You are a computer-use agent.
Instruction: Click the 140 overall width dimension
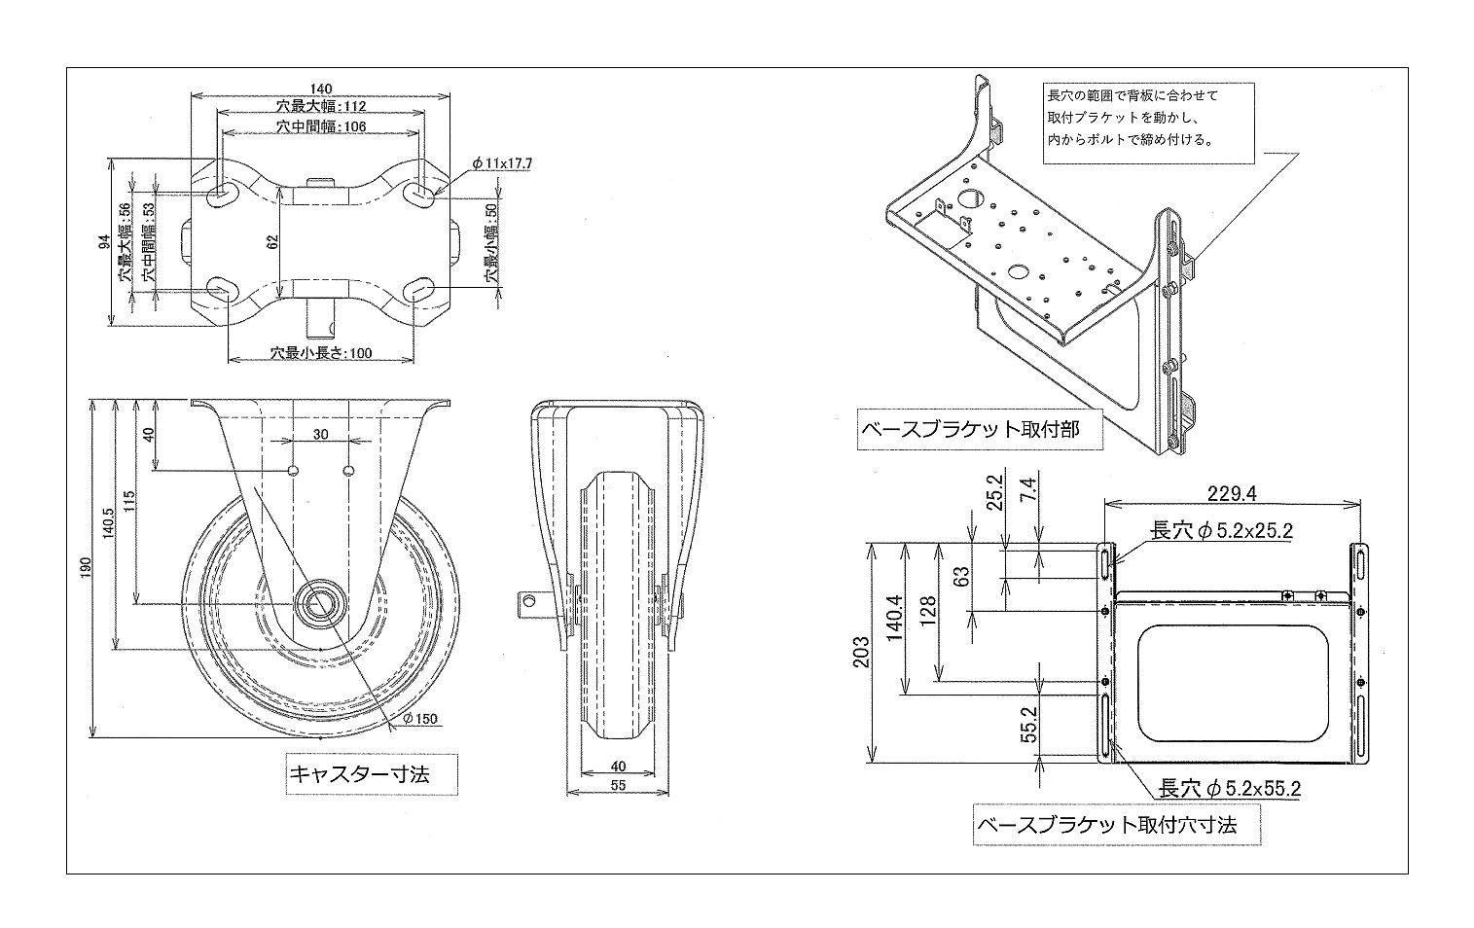319,88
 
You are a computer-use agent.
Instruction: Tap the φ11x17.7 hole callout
501,163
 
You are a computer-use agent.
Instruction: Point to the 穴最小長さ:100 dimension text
321,353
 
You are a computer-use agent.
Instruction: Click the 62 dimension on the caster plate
273,240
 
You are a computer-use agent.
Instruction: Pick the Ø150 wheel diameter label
419,719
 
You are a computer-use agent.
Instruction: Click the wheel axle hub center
318,604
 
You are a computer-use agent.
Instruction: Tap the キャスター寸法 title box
359,773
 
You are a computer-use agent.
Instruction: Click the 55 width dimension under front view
618,785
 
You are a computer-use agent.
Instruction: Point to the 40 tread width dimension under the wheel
618,766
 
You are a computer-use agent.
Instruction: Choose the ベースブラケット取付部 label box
981,430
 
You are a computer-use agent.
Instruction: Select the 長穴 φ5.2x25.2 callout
1221,531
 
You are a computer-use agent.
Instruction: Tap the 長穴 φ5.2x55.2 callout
1229,788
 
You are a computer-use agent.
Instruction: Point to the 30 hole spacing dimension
321,434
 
